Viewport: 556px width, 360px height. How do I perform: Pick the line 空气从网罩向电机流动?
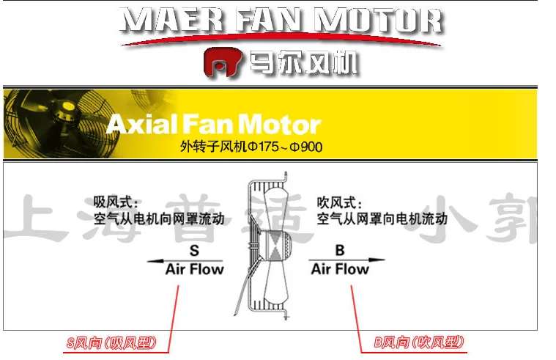(382, 218)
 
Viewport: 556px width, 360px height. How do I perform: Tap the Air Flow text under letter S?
(194, 269)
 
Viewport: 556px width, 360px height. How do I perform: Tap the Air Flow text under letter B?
(340, 269)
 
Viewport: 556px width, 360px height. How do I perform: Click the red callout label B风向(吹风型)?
(418, 342)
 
